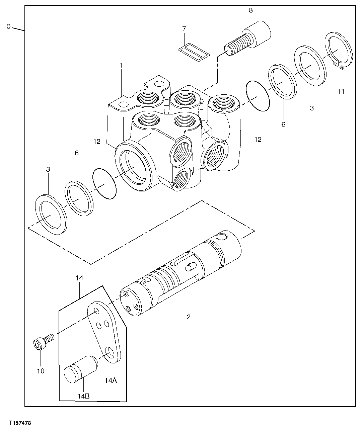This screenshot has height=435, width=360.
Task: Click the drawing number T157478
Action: click(x=17, y=423)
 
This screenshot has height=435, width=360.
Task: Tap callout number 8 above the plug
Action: click(x=250, y=10)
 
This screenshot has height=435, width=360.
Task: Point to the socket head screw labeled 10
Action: click(x=42, y=342)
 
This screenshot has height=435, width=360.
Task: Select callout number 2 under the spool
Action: click(x=189, y=317)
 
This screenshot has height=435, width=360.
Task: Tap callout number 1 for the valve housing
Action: click(x=121, y=65)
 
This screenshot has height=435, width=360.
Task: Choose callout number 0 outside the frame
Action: click(x=9, y=26)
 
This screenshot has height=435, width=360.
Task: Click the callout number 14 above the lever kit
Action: click(x=79, y=278)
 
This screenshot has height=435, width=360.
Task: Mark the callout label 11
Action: click(x=341, y=91)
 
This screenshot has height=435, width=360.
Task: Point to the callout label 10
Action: click(x=41, y=371)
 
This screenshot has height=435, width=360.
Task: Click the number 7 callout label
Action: click(x=184, y=29)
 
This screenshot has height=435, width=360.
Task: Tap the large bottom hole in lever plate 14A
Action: click(x=110, y=352)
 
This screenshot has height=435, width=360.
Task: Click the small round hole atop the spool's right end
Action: click(x=221, y=237)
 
